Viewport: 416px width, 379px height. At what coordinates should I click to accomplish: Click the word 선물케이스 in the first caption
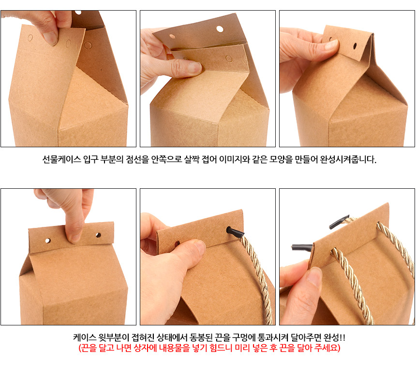(x=61, y=159)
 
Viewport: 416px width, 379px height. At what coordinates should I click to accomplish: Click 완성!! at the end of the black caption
(x=335, y=337)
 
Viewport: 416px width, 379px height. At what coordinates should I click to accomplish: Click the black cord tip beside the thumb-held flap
(x=235, y=232)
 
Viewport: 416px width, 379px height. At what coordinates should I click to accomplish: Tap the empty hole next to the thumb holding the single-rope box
(x=177, y=243)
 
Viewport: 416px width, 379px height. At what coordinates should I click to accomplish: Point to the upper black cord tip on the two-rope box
(x=339, y=222)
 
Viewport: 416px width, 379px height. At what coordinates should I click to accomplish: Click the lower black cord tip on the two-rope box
(x=302, y=247)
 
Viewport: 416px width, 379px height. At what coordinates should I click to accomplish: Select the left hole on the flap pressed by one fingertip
(x=48, y=240)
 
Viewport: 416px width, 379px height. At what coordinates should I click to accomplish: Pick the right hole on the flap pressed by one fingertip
(x=98, y=235)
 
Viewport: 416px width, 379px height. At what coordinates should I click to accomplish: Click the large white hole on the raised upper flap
(x=220, y=29)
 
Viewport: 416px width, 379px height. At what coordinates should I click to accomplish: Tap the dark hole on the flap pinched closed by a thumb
(x=355, y=46)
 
